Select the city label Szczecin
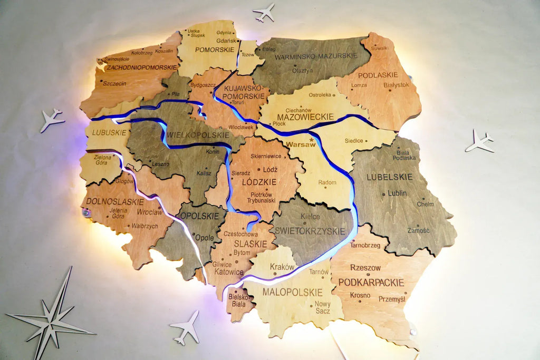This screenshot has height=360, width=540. click(114, 83)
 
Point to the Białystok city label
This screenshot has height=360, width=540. click(396, 84)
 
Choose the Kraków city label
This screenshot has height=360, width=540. click(282, 267)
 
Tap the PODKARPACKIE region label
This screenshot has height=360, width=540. click(371, 283)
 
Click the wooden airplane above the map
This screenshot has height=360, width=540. click(264, 12)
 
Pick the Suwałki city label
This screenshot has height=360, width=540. click(379, 48)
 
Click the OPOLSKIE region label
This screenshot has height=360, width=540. click(200, 216)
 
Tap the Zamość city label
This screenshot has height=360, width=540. click(419, 230)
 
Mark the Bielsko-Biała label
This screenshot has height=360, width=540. click(240, 300)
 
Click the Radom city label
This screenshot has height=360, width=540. click(327, 182)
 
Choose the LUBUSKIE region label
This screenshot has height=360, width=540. click(109, 133)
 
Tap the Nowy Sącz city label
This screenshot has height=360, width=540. click(322, 307)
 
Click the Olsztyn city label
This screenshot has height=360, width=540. click(303, 70)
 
